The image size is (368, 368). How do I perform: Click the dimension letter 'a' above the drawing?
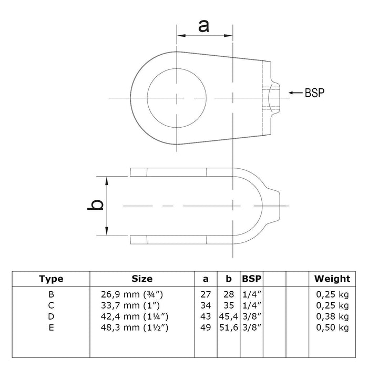(x=203, y=26)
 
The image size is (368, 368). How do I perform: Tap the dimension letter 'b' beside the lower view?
(x=95, y=205)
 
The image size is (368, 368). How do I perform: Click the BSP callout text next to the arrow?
(x=314, y=93)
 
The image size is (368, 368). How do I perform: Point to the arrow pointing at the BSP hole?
(x=295, y=93)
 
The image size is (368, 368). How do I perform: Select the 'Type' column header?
(x=51, y=279)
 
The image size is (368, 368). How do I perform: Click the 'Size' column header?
(x=142, y=279)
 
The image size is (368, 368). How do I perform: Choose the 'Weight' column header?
(x=332, y=279)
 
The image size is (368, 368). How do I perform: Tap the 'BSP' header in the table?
(x=252, y=279)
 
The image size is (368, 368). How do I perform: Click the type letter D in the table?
(x=51, y=316)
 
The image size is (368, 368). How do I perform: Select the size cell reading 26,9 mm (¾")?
(x=132, y=294)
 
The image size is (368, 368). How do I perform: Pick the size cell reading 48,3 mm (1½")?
(x=135, y=328)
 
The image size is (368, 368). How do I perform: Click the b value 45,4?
(x=229, y=316)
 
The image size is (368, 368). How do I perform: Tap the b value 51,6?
(x=229, y=328)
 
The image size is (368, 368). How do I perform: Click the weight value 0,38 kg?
(x=332, y=316)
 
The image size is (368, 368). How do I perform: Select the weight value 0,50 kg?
(x=332, y=328)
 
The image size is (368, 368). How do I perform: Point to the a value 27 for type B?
(x=206, y=294)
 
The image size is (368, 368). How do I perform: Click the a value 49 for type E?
(x=206, y=328)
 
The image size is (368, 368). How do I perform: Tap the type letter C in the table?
(x=51, y=305)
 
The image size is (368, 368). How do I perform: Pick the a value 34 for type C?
(x=206, y=305)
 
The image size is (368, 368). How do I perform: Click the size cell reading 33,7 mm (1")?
(x=130, y=305)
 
